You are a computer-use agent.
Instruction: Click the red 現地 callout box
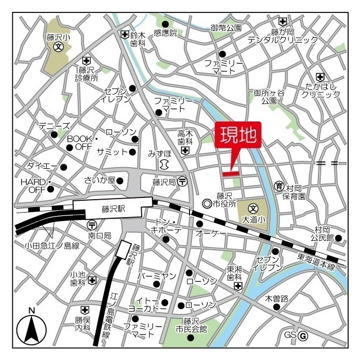[238, 136]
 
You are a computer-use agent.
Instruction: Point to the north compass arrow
[32, 328]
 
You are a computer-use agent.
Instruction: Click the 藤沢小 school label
[58, 38]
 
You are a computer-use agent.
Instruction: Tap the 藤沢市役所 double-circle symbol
[207, 203]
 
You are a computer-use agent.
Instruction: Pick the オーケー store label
[211, 233]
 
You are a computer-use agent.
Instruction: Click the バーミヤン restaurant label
[157, 276]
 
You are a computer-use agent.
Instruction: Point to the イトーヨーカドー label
[148, 305]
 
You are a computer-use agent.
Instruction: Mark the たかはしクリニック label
[321, 90]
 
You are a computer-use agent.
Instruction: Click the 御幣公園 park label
[226, 27]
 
